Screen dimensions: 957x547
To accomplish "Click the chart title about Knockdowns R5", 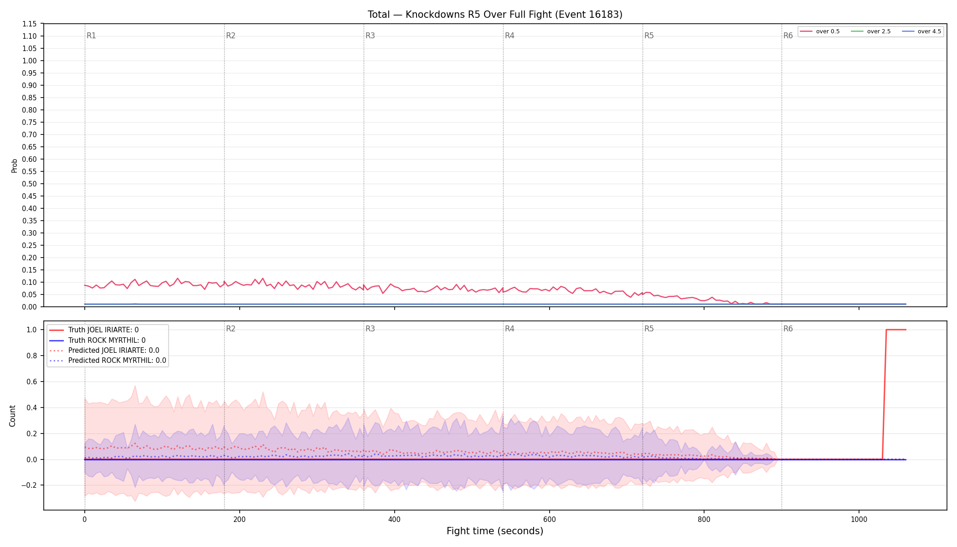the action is (x=495, y=15).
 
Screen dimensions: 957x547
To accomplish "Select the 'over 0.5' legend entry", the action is (x=820, y=31).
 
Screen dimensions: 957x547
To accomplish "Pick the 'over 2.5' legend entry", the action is (x=871, y=31).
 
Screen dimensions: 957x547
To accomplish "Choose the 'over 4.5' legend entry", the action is (x=921, y=31).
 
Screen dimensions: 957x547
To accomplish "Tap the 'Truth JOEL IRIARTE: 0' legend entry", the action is (x=94, y=330).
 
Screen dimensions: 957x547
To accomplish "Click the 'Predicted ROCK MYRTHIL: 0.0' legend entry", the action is (x=108, y=361).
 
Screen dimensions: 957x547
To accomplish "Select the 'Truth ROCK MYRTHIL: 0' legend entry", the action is (x=97, y=341).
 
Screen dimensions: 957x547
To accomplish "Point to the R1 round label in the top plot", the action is (x=91, y=36).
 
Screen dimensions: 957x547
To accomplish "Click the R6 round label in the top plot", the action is (x=788, y=36).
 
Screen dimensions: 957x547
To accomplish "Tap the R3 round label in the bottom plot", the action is (x=370, y=329).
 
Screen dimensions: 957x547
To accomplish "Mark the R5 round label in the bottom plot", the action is (x=649, y=329).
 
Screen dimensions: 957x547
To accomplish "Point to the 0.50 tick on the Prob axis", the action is (x=30, y=184).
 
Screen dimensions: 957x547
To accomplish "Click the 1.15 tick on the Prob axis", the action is (x=30, y=24).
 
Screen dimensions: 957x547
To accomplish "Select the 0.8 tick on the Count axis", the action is (x=31, y=356).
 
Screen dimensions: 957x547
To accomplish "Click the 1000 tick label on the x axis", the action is (x=859, y=519).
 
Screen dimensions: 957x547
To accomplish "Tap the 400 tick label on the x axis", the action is (x=394, y=519).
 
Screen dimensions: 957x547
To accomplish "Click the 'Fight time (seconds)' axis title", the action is (x=495, y=531).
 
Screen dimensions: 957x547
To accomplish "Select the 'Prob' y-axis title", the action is (x=14, y=165).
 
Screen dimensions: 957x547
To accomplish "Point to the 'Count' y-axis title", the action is (x=12, y=416).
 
